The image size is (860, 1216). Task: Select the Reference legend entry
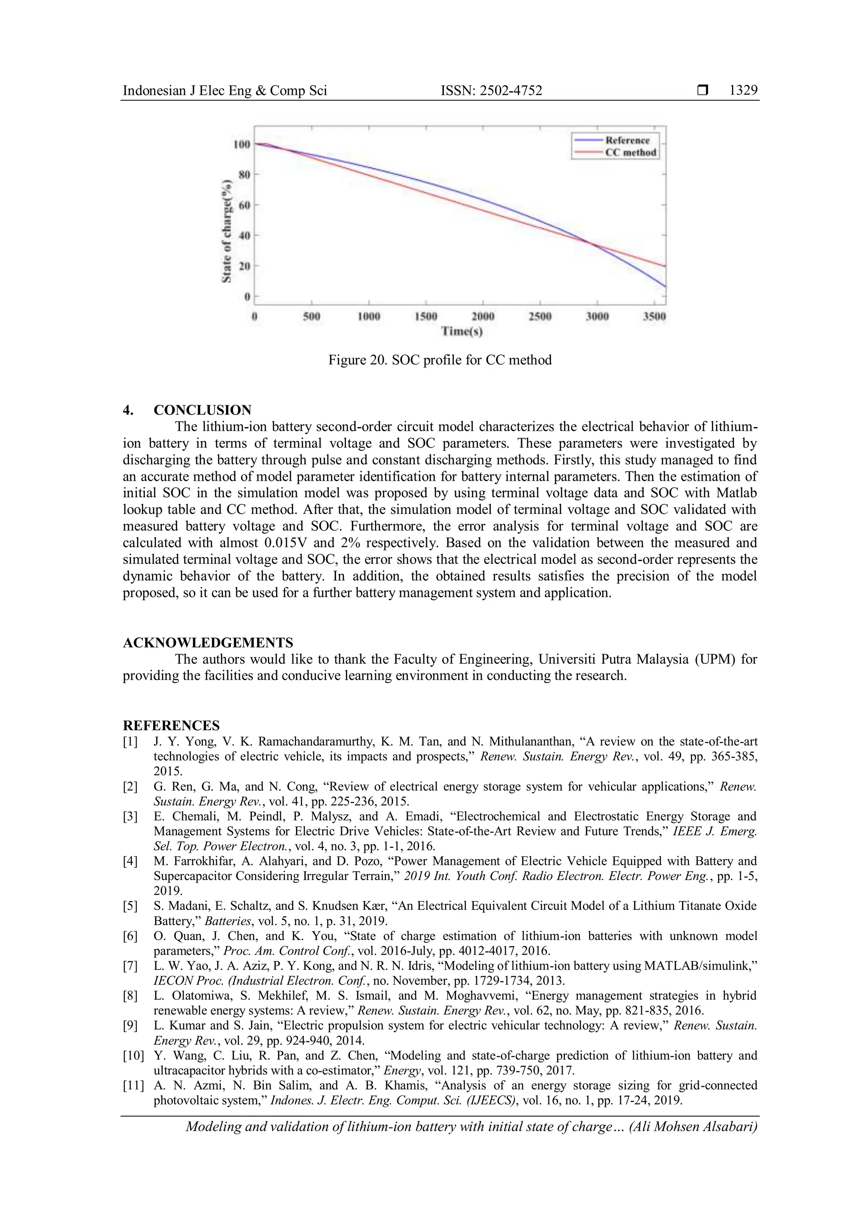(x=627, y=140)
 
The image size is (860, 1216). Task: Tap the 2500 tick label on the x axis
(x=540, y=317)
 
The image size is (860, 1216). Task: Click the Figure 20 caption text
(x=440, y=360)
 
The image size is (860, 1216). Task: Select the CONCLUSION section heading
(x=202, y=410)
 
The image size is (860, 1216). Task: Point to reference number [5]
(x=131, y=906)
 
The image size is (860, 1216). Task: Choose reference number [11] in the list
(x=133, y=1086)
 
